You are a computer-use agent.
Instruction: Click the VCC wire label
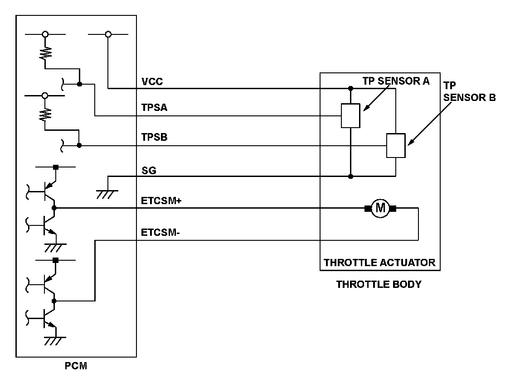[152, 82]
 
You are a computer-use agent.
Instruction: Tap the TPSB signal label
[154, 138]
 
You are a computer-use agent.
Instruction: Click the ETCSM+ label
[161, 201]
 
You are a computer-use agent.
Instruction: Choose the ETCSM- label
[160, 233]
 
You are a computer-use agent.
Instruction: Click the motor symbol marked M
[380, 209]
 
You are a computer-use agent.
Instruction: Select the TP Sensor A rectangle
[350, 115]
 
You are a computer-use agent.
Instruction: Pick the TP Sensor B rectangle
[396, 146]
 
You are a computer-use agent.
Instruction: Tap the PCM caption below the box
[75, 366]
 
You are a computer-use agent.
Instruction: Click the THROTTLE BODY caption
[379, 285]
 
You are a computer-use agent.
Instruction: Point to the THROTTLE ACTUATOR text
[379, 263]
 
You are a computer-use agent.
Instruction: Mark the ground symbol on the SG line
[107, 193]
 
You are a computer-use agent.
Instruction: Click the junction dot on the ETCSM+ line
[54, 208]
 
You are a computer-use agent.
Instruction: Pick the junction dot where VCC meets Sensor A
[350, 88]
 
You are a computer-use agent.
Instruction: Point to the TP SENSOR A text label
[396, 81]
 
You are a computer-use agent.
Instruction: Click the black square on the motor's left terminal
[368, 209]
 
